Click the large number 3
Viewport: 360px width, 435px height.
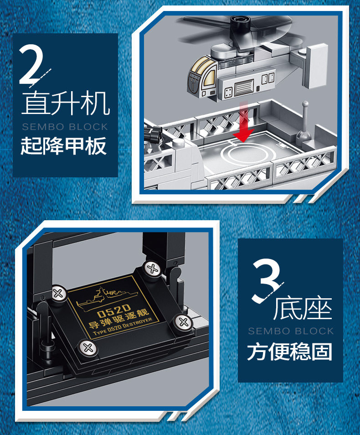[266, 280]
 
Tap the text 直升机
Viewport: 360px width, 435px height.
[66, 103]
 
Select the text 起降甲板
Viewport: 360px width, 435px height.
[64, 145]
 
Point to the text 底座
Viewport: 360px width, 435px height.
[303, 309]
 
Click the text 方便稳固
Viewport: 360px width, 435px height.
[289, 352]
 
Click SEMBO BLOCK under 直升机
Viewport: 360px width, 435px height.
[65, 127]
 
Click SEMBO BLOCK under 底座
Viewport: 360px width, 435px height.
[291, 331]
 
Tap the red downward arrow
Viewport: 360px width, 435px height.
[243, 122]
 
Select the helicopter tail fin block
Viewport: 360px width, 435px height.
[316, 66]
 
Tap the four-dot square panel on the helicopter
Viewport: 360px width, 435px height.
[228, 93]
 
